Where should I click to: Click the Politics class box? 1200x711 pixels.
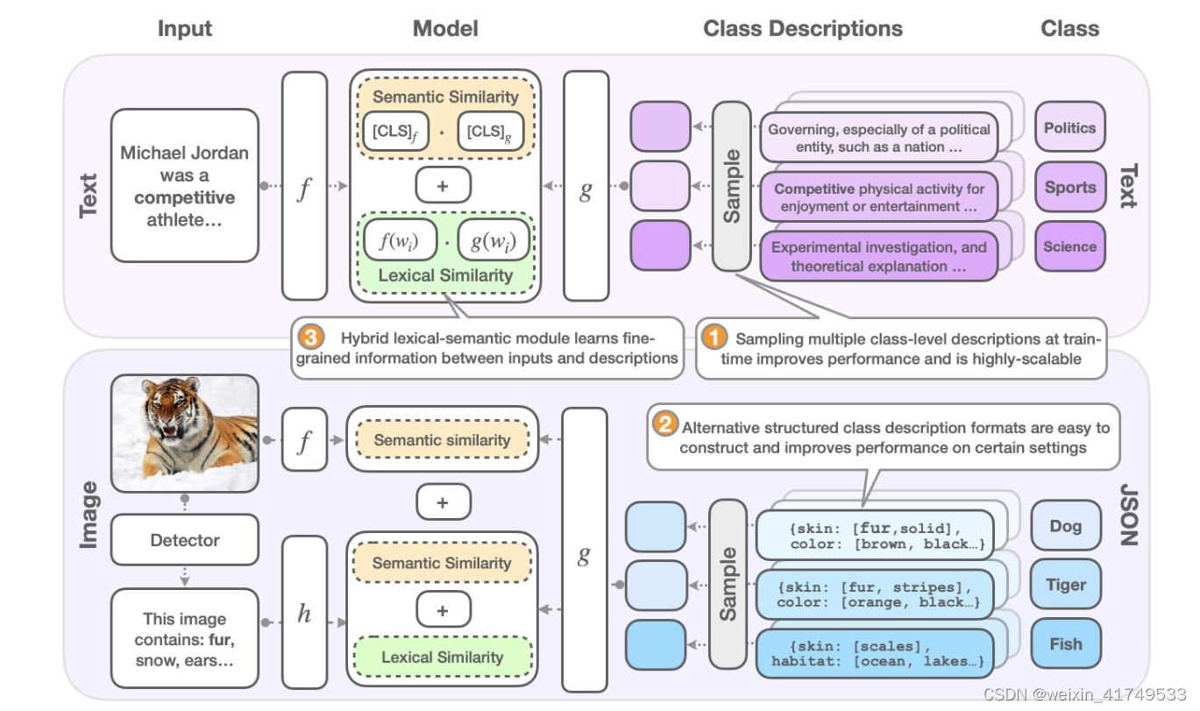[1069, 128]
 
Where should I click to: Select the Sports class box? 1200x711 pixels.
[1069, 188]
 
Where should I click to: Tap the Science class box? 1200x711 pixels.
[1069, 247]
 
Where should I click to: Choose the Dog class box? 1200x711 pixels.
[1065, 526]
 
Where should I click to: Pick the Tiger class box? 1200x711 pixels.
[1065, 585]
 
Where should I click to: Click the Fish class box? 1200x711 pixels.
[1065, 644]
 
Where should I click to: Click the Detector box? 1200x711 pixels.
[185, 540]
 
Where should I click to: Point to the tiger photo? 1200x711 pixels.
[185, 434]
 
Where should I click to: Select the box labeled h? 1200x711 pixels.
[304, 615]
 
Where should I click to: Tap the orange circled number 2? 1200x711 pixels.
[665, 426]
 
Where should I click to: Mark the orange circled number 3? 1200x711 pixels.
[309, 338]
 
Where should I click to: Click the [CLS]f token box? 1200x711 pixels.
[394, 132]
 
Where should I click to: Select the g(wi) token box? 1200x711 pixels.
[493, 240]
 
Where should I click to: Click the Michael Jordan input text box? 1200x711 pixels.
[185, 186]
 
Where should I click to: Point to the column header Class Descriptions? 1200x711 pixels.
[802, 29]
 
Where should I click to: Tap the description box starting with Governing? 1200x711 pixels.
[878, 138]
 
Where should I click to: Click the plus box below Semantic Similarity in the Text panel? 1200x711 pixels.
[443, 185]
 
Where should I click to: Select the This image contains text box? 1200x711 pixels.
[185, 639]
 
